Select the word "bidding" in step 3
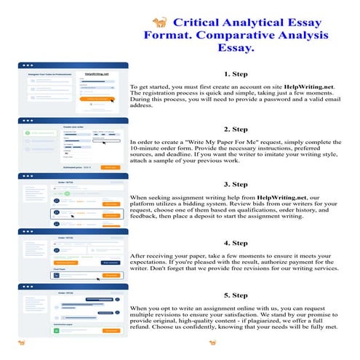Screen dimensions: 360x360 (x=191, y=207)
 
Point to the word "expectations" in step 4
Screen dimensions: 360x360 (x=152, y=265)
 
